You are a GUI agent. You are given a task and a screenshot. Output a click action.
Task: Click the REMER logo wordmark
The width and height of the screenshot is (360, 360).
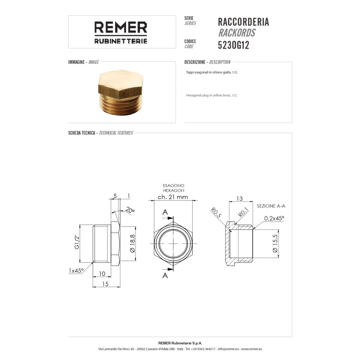[121, 27]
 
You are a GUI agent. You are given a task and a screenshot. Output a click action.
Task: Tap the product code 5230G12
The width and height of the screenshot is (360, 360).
[234, 45]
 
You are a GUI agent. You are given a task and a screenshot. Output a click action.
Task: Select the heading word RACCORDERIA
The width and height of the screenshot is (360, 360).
[243, 22]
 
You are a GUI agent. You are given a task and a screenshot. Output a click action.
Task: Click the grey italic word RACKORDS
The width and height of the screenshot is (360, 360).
[237, 33]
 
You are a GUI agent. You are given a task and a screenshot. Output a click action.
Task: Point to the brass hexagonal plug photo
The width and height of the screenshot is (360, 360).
[121, 92]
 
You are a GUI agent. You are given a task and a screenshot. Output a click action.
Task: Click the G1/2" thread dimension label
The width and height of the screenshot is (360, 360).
[76, 242]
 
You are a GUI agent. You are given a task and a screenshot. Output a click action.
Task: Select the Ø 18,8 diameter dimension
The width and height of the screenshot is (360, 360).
[132, 243]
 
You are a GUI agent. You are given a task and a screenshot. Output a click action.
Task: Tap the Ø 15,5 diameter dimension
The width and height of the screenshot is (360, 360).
[275, 243]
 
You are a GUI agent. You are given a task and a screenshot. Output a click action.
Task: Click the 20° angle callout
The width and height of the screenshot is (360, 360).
[130, 210]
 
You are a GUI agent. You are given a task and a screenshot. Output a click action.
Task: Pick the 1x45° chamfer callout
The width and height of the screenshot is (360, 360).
[76, 271]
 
